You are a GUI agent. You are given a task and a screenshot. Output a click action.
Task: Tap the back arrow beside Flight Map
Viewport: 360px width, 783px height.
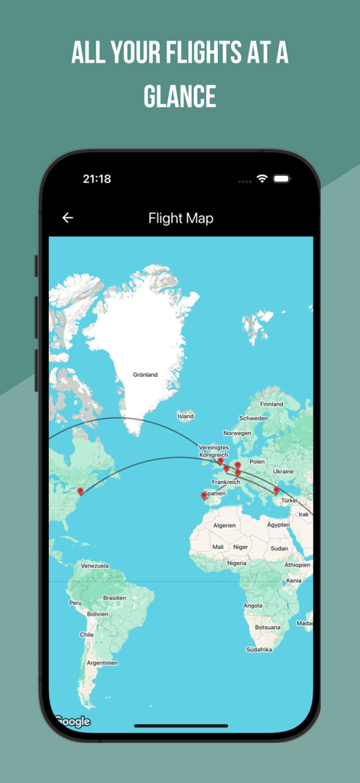(x=67, y=218)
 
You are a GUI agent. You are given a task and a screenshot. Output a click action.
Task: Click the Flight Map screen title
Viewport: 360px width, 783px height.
(x=180, y=219)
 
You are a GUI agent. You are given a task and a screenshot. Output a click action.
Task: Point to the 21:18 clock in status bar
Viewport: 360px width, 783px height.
(x=97, y=179)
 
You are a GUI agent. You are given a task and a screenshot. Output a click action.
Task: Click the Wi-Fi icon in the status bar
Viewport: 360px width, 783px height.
(x=262, y=179)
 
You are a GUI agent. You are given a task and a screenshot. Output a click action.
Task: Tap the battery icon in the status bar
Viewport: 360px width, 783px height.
(x=282, y=179)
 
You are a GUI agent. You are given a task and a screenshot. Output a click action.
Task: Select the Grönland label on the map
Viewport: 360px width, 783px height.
(x=145, y=375)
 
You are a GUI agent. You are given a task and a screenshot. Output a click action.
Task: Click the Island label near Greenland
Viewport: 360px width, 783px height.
(x=186, y=416)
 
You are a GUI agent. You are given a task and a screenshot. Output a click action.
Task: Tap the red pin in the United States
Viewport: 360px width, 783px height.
(x=80, y=492)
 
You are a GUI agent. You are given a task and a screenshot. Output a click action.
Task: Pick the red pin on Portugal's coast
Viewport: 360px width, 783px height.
(x=203, y=496)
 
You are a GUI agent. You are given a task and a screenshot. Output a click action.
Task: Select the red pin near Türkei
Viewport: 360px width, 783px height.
(x=276, y=491)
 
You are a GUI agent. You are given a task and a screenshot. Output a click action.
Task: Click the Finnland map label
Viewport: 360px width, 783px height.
(x=271, y=404)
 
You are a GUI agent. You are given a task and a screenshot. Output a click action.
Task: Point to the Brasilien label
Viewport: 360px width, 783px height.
(x=114, y=598)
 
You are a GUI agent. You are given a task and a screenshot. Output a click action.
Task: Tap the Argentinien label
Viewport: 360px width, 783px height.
(x=102, y=663)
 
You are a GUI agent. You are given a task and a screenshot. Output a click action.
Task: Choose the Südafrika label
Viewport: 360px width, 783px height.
(x=259, y=649)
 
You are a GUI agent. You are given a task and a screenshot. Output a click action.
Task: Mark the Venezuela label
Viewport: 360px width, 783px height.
(x=95, y=566)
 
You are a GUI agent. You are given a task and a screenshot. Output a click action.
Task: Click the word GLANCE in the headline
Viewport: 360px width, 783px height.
(x=180, y=97)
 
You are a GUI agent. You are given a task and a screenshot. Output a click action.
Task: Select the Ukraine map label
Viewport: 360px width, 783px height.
(x=283, y=471)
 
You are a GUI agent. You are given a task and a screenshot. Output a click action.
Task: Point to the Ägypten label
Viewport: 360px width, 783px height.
(x=278, y=525)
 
